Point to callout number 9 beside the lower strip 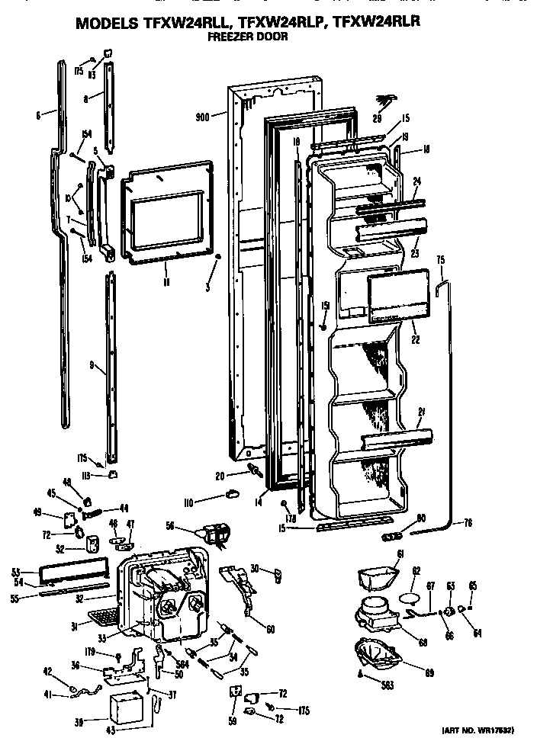92,366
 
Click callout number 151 324,305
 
